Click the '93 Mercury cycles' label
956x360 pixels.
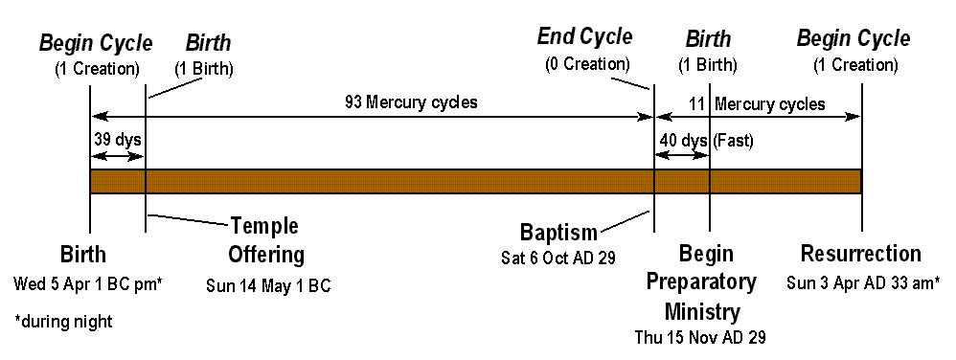(x=411, y=102)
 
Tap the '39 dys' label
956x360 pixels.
(x=118, y=140)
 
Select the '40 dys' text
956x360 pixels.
(x=683, y=141)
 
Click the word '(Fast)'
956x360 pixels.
(x=733, y=141)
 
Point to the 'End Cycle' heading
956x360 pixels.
(x=584, y=37)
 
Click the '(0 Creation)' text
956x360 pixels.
(x=586, y=63)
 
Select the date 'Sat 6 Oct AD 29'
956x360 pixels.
(x=558, y=258)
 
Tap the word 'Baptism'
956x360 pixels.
(x=558, y=232)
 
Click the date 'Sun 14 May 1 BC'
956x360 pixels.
(x=268, y=285)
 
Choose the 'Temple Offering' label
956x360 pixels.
(x=266, y=240)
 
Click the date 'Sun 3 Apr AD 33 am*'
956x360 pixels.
(x=862, y=282)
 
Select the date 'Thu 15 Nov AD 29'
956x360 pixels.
(x=700, y=337)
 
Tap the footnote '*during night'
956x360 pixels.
(x=63, y=321)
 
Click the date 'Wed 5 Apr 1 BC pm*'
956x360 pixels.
(x=88, y=283)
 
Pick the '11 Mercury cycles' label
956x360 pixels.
(x=757, y=103)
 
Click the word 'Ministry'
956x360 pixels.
(x=702, y=312)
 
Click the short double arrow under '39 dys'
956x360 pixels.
(x=118, y=156)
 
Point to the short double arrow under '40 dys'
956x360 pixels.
(x=682, y=156)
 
